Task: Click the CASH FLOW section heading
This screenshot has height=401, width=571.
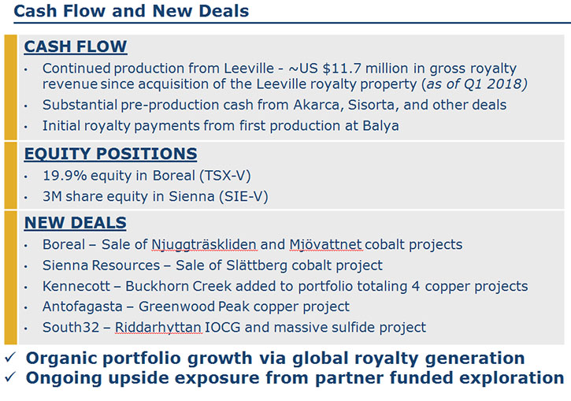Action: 76,46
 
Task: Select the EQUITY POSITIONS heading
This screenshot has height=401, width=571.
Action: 110,154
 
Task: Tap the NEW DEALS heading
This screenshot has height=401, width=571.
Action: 75,222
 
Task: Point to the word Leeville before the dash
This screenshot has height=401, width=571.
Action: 249,68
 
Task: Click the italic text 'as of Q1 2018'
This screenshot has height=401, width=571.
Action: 474,84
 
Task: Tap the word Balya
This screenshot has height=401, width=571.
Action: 380,126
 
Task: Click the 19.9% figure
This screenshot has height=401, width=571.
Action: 65,176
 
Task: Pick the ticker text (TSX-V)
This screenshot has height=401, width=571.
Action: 225,176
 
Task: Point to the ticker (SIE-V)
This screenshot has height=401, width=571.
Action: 243,197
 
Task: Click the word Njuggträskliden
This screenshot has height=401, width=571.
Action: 204,245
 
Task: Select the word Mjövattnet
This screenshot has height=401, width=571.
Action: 325,244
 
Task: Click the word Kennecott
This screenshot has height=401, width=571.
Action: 76,286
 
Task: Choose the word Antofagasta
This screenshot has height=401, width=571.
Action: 82,307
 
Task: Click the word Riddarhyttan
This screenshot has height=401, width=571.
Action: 158,328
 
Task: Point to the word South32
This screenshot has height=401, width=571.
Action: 71,328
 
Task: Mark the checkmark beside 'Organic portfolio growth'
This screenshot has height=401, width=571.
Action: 9,358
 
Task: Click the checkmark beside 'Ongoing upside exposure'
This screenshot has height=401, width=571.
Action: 9,377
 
